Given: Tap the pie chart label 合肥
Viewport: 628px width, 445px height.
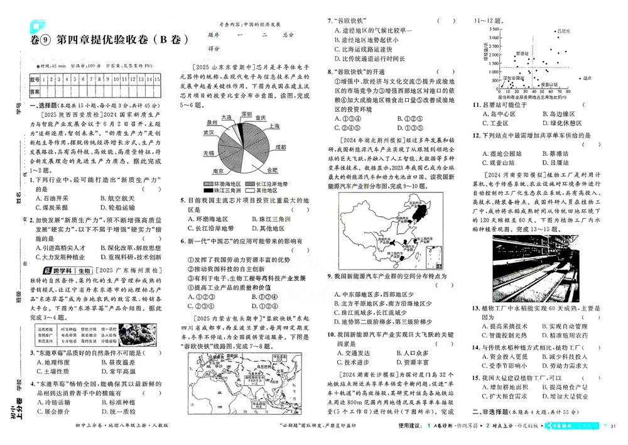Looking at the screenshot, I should click(x=272, y=170).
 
